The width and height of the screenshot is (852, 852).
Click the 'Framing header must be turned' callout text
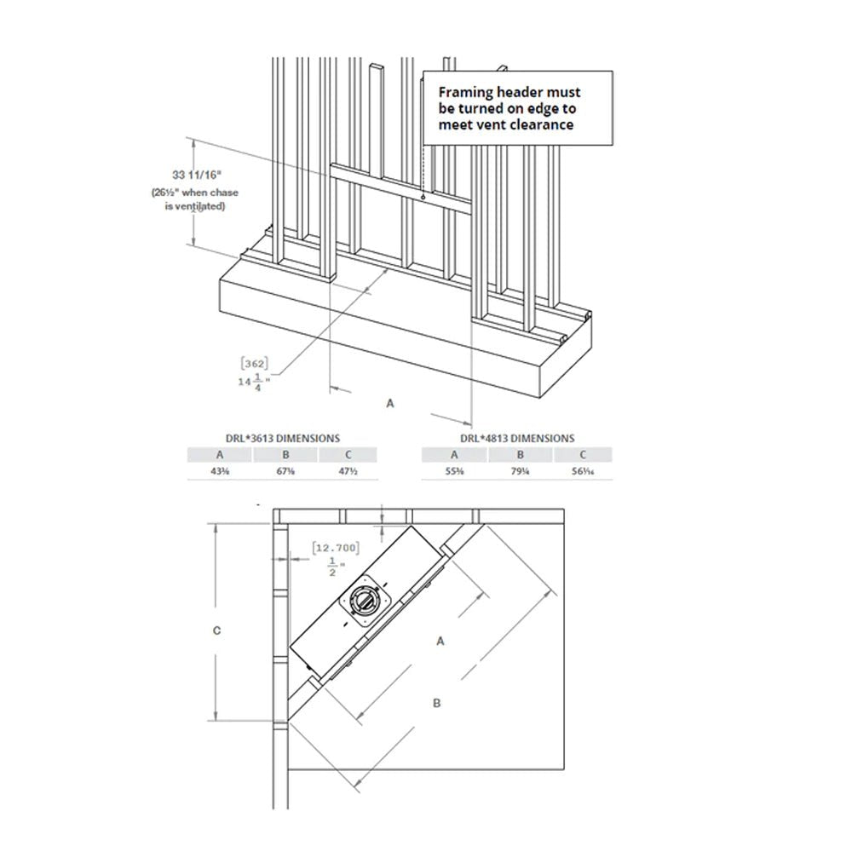pyautogui.click(x=509, y=107)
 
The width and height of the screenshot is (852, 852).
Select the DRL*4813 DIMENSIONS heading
pyautogui.click(x=517, y=438)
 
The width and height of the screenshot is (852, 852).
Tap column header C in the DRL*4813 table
pyautogui.click(x=583, y=455)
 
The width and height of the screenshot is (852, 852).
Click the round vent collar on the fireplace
pyautogui.click(x=366, y=602)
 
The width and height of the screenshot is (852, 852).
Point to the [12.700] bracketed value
pyautogui.click(x=334, y=547)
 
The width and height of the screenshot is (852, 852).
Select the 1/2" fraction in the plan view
pyautogui.click(x=333, y=565)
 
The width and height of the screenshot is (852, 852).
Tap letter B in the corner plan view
pyautogui.click(x=436, y=703)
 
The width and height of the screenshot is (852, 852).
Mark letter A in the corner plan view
pyautogui.click(x=440, y=642)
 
